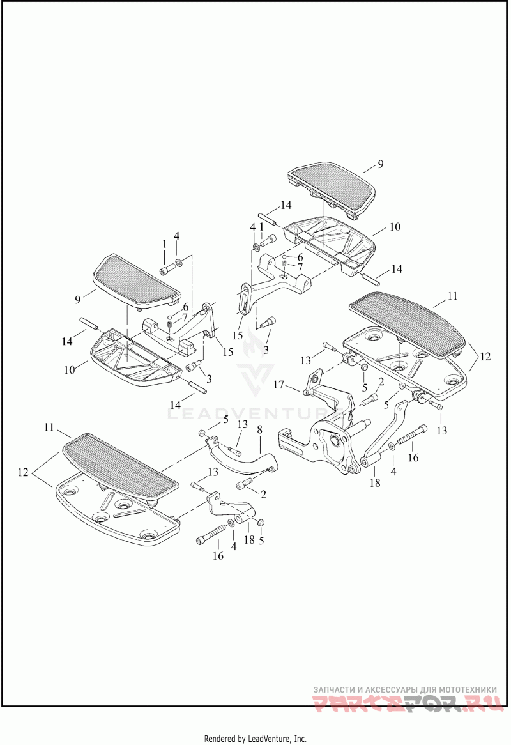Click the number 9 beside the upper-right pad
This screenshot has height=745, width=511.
point(380,164)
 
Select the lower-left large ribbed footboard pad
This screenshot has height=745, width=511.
point(121,460)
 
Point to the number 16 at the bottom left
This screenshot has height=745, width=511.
point(218,556)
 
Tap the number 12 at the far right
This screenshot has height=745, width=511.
point(485,357)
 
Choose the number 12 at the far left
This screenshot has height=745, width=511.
point(23,472)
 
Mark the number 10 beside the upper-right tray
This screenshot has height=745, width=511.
point(395,227)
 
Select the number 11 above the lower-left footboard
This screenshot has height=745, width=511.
point(48,426)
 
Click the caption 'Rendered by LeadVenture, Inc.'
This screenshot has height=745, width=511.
point(255,738)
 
